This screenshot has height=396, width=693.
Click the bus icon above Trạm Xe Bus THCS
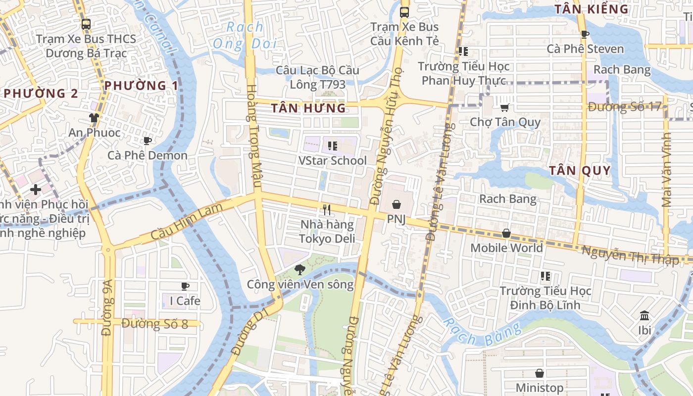(x=86, y=24)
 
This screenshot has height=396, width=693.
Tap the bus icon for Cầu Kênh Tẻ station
(x=404, y=12)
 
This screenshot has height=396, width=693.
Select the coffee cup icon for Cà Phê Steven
(x=585, y=34)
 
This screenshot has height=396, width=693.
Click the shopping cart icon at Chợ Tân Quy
(x=504, y=107)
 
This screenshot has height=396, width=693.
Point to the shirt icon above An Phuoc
(x=94, y=118)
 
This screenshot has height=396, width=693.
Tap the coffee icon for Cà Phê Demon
(x=147, y=141)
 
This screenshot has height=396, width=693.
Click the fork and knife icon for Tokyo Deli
(x=326, y=210)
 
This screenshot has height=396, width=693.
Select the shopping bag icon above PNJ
(x=396, y=204)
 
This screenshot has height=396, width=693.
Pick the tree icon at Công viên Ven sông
(x=299, y=270)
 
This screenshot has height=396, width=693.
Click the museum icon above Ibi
(x=644, y=316)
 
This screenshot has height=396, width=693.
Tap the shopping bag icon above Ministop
(x=540, y=373)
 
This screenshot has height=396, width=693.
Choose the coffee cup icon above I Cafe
(x=185, y=286)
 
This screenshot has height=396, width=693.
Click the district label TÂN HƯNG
(x=308, y=108)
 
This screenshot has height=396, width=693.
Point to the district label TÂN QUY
(x=580, y=171)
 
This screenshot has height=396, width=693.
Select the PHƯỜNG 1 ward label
(x=141, y=86)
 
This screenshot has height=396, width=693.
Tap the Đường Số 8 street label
(x=154, y=324)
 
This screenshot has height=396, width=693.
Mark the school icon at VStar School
(x=333, y=146)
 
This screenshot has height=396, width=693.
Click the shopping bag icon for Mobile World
(x=506, y=233)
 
